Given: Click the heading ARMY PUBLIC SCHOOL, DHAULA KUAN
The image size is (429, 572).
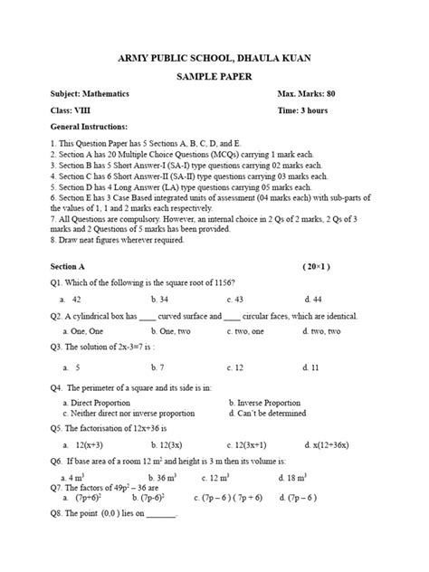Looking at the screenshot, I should pos(214,58).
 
